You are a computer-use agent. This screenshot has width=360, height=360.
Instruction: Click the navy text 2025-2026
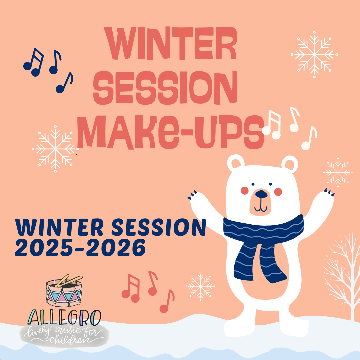point(80,248)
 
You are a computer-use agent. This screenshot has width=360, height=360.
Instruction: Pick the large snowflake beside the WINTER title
point(314,54)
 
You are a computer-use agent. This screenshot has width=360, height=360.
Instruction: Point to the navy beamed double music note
point(33,62)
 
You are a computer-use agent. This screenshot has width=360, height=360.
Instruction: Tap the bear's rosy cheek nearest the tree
point(278,192)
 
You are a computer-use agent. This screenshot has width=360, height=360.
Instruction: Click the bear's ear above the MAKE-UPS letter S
point(236,163)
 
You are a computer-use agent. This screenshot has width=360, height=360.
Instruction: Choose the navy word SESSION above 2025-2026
point(158,227)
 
